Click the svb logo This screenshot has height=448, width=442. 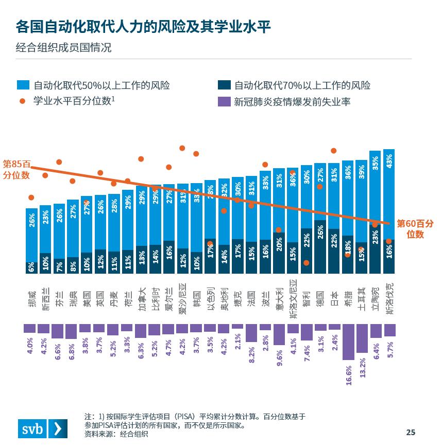click(x=43, y=428)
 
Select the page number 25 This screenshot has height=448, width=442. click(x=410, y=432)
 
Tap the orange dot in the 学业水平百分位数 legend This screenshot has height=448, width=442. click(x=22, y=101)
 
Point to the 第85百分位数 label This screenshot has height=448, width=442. click(x=16, y=169)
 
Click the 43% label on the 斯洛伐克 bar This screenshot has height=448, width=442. click(x=389, y=161)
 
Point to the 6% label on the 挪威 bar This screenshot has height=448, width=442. click(x=32, y=267)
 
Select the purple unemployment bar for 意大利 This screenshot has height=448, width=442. click(x=279, y=334)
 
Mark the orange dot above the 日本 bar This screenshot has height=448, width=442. click(x=334, y=151)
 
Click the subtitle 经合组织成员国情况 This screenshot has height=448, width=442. click(x=64, y=48)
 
